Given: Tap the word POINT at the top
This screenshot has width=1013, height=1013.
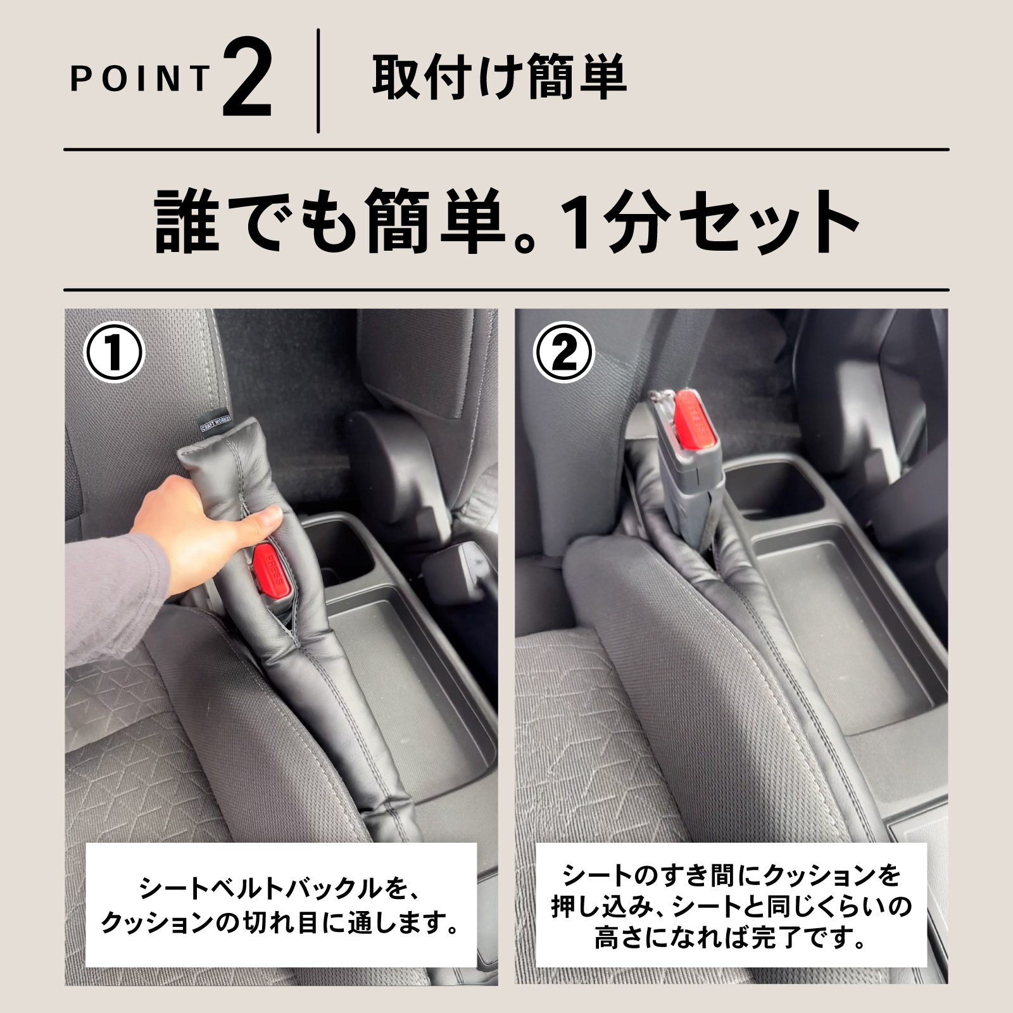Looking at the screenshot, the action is click(140, 79).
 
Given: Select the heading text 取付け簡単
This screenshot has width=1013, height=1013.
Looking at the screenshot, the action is click(500, 78).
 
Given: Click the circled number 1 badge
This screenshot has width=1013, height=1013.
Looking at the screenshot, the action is click(114, 352).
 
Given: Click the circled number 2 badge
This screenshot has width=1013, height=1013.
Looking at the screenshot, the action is click(563, 352).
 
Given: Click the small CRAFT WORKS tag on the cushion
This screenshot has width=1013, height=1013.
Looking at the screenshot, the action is click(215, 422).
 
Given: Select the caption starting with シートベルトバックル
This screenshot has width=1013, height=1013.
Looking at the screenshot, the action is click(280, 906).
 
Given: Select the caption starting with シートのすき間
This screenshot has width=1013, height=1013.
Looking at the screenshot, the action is click(731, 906).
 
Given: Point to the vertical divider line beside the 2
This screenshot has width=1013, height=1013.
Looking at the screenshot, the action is click(318, 80).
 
